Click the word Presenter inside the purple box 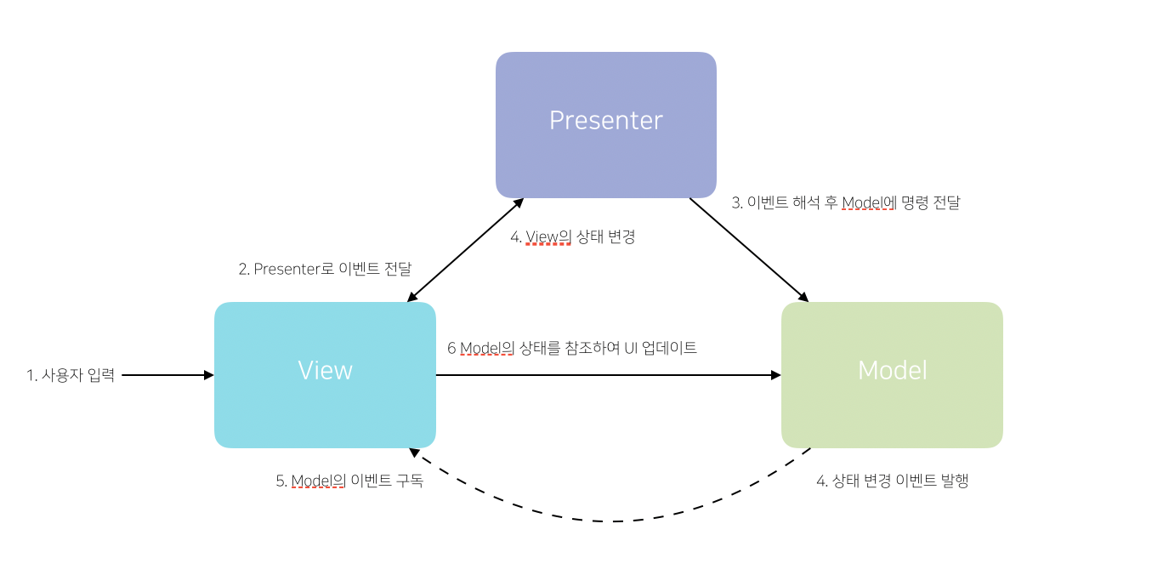(x=605, y=120)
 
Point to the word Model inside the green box (x=892, y=370)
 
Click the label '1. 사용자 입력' (x=71, y=375)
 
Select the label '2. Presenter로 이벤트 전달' (x=325, y=269)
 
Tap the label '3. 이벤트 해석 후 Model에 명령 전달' (x=846, y=203)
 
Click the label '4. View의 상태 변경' (x=572, y=237)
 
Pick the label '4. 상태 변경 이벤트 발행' (x=892, y=481)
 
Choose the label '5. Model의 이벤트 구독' (x=349, y=481)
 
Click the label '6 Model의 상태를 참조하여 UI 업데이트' (x=572, y=348)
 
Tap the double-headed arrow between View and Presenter (x=465, y=250)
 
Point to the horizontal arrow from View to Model (x=608, y=375)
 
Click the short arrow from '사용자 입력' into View (x=167, y=375)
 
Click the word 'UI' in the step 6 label (x=630, y=348)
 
